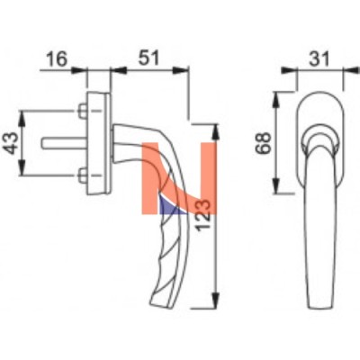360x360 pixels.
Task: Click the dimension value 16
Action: tap(57, 59)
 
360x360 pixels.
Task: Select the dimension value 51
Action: tap(148, 58)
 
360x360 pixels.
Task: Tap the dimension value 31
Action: tap(319, 58)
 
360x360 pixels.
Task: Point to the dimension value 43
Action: tap(13, 143)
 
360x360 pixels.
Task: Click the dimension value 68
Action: tap(264, 143)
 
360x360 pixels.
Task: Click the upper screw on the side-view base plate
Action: tap(82, 111)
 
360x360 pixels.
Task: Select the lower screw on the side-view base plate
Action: tap(82, 175)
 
